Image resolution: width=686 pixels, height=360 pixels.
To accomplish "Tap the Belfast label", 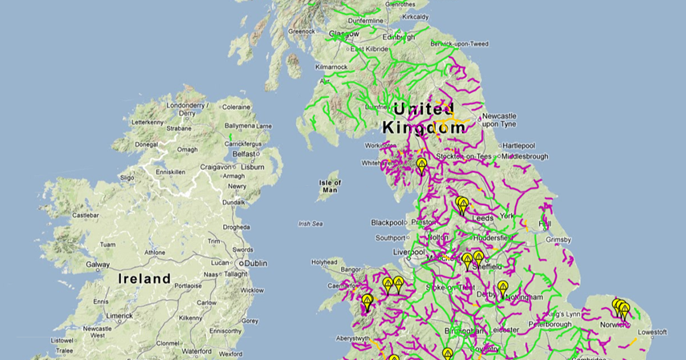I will pos(243,152).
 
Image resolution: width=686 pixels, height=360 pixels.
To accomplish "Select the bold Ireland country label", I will pos(144,279).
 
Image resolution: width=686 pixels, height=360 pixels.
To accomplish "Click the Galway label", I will pos(98,264).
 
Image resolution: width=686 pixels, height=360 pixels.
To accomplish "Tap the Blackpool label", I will pos(388,222).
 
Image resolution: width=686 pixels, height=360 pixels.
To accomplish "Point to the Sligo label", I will pos(128,176).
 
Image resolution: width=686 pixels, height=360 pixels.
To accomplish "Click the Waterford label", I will pos(198,350).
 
